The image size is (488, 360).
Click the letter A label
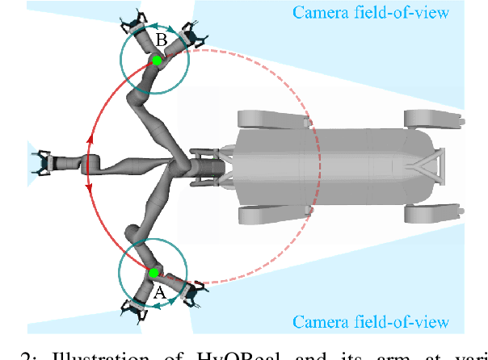pos(159,292)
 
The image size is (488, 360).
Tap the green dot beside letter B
pos(157,61)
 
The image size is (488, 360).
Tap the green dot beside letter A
pos(153,274)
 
